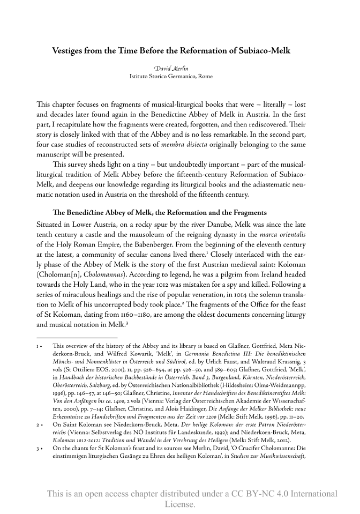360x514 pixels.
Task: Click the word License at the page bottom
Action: [180, 504]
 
